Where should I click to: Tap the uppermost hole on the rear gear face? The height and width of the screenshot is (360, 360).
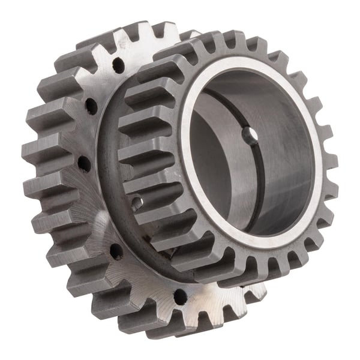tap(118, 65)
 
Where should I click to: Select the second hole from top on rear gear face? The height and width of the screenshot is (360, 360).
tap(91, 106)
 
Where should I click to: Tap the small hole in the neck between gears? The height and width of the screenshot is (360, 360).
tap(137, 203)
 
